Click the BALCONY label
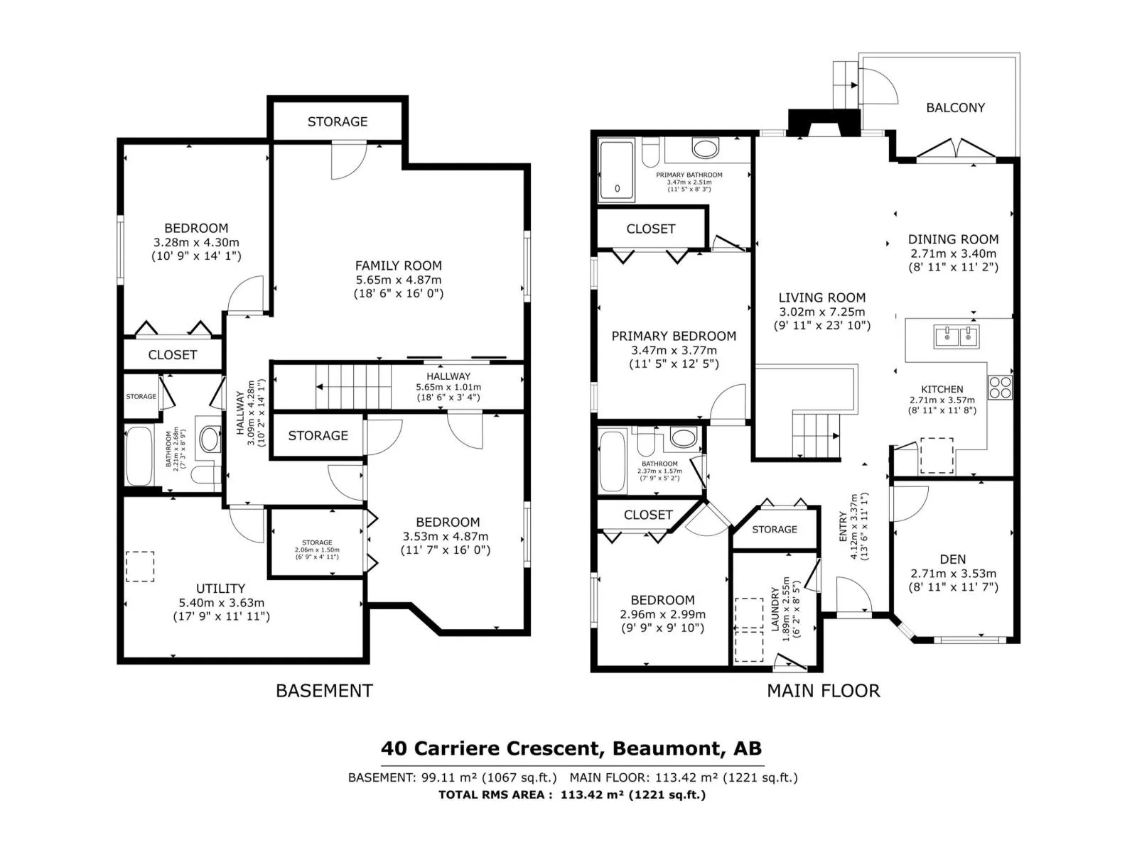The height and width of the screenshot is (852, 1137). pyautogui.click(x=955, y=108)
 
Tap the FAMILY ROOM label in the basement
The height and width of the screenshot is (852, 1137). pyautogui.click(x=399, y=266)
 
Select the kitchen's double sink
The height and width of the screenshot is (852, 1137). pyautogui.click(x=957, y=337)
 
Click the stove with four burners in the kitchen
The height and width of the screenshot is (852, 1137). pyautogui.click(x=1000, y=387)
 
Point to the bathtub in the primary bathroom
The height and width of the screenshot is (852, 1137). pyautogui.click(x=616, y=170)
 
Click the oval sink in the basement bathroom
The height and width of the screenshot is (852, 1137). pyautogui.click(x=210, y=439)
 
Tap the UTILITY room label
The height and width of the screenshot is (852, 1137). pyautogui.click(x=221, y=589)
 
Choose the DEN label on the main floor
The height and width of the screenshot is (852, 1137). pyautogui.click(x=953, y=559)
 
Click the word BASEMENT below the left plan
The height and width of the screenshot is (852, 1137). pyautogui.click(x=324, y=691)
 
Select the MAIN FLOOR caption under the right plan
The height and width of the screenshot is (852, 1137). pyautogui.click(x=823, y=691)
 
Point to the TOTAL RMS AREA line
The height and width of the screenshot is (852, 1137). pyautogui.click(x=572, y=794)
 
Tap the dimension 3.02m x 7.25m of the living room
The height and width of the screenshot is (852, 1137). pyautogui.click(x=822, y=312)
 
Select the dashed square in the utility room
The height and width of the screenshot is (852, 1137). pyautogui.click(x=140, y=567)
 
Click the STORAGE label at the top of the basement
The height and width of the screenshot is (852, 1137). pyautogui.click(x=338, y=121)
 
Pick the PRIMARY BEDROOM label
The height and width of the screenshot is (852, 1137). pyautogui.click(x=674, y=337)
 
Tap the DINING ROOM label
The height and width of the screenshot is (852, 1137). pyautogui.click(x=953, y=239)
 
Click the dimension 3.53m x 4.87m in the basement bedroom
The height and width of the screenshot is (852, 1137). pyautogui.click(x=446, y=537)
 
